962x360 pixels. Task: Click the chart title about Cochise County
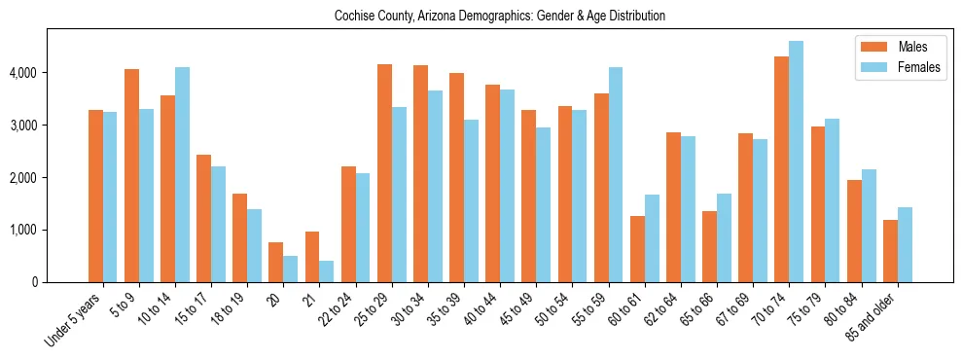click(499, 17)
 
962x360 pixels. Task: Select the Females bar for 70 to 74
click(796, 162)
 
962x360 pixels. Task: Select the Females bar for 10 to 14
click(182, 175)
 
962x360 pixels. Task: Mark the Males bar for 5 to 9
click(132, 175)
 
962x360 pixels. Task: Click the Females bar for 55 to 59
click(616, 175)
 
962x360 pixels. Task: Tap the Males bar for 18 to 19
click(240, 238)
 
